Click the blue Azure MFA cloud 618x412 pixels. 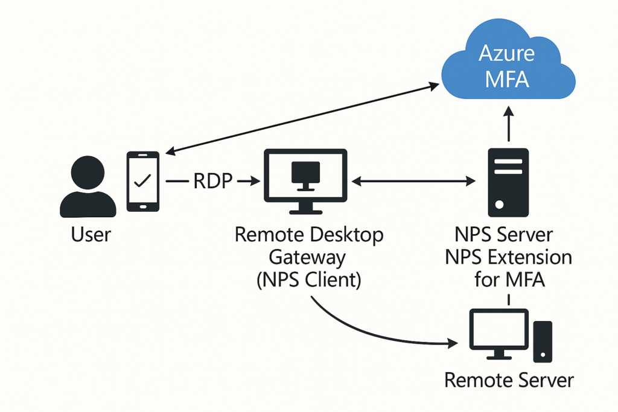click(x=508, y=63)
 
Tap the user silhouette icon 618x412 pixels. click(x=88, y=187)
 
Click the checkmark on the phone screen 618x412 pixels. click(x=142, y=180)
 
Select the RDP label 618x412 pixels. click(x=213, y=181)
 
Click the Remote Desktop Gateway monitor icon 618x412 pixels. click(x=305, y=182)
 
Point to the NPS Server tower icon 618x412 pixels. click(x=508, y=182)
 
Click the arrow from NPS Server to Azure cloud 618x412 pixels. click(x=509, y=124)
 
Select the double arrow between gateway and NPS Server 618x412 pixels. click(x=413, y=181)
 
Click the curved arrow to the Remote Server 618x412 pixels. click(x=378, y=333)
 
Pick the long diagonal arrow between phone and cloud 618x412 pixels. click(x=302, y=118)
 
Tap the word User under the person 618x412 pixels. click(x=91, y=235)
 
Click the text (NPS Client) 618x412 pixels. click(x=308, y=280)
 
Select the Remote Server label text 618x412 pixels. click(x=509, y=381)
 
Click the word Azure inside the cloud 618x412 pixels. click(x=507, y=53)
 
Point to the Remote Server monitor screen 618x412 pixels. click(x=499, y=329)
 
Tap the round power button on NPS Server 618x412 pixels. click(x=499, y=205)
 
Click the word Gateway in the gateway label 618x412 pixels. click(x=307, y=258)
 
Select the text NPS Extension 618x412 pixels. click(x=508, y=258)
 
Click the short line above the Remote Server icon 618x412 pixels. click(x=509, y=300)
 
